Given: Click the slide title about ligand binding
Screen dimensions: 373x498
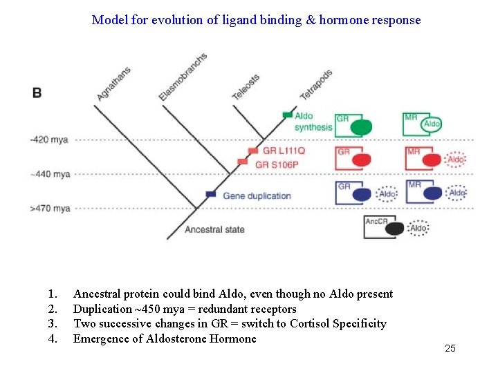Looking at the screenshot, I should click(x=256, y=20).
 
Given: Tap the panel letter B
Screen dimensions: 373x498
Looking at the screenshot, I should click(x=37, y=93).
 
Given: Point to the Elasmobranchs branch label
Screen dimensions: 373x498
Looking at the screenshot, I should click(x=183, y=77).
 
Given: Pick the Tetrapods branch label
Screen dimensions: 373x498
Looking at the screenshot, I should click(x=315, y=84).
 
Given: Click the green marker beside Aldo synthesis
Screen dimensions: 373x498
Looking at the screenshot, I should click(x=287, y=115).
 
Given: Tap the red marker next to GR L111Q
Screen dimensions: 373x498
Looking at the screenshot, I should click(x=253, y=151).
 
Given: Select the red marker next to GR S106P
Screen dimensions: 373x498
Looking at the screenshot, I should click(x=242, y=162).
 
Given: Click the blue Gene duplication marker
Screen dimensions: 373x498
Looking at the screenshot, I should click(x=211, y=195).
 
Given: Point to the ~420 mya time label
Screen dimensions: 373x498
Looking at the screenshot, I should click(x=49, y=140).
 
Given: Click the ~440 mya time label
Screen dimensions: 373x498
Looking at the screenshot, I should click(x=50, y=175).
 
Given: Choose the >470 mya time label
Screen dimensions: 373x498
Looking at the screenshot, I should click(x=50, y=208).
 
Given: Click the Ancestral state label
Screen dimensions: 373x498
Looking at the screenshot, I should click(x=214, y=229).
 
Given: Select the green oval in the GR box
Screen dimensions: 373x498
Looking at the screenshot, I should click(x=361, y=127).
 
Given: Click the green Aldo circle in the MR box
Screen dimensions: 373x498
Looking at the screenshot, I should click(x=432, y=124).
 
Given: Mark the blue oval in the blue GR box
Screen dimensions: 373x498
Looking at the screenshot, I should click(x=362, y=194).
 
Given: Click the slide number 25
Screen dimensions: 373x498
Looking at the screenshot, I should click(x=450, y=349).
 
